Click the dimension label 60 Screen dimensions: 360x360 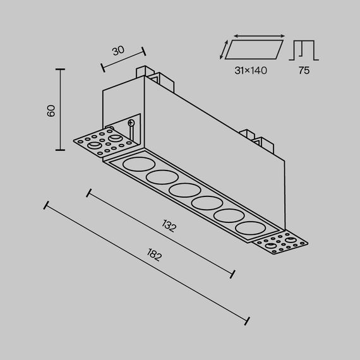(x=51, y=111)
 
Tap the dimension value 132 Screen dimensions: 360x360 (x=168, y=227)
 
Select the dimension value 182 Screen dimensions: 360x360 (x=154, y=256)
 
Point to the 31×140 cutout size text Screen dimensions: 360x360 (x=250, y=71)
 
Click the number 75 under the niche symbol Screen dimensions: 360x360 (x=304, y=71)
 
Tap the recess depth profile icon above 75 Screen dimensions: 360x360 (x=304, y=50)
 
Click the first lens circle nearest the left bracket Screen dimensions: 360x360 (x=134, y=165)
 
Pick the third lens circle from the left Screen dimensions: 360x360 (x=181, y=190)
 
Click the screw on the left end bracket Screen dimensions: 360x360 (x=131, y=123)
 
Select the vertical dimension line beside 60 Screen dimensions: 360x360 (x=61, y=109)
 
